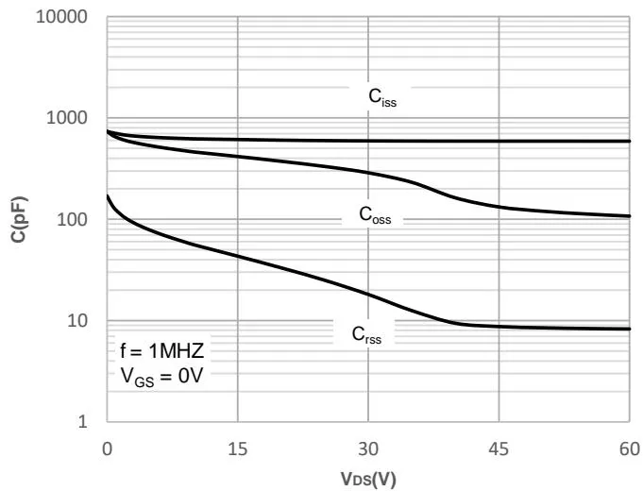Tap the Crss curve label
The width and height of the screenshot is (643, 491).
click(x=367, y=334)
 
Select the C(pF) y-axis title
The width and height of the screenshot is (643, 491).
click(x=19, y=220)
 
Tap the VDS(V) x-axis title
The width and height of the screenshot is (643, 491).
click(x=367, y=479)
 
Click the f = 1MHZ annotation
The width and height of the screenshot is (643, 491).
click(x=161, y=351)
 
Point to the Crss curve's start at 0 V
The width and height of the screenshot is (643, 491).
click(x=108, y=195)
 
